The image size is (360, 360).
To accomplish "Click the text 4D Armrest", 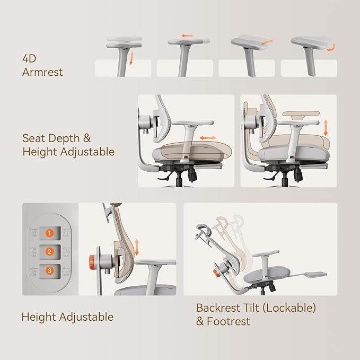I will (x=42, y=64).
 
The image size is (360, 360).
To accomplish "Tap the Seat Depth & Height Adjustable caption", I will (x=68, y=145).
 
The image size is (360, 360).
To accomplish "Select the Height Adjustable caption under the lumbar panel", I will (x=67, y=317).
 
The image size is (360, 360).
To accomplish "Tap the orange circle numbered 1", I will (x=49, y=233).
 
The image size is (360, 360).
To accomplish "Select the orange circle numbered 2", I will (x=49, y=252).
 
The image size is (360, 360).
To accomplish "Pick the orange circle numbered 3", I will (x=49, y=270).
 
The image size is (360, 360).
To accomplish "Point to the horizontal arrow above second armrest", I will (x=188, y=36).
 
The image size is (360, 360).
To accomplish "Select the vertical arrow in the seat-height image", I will (x=326, y=127).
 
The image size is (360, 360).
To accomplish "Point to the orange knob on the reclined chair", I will (x=216, y=273).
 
